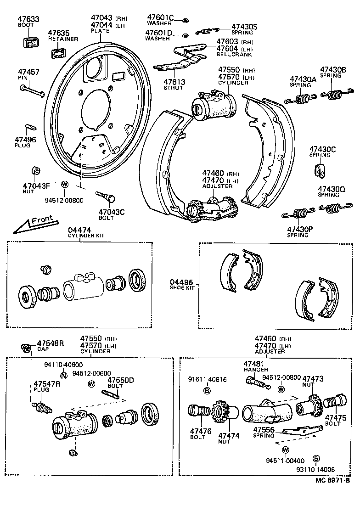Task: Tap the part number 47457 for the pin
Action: (28, 72)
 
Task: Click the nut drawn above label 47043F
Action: (34, 171)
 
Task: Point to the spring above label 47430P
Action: (298, 214)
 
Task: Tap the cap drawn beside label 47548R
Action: (27, 348)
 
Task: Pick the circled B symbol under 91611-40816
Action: (207, 390)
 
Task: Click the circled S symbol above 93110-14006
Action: (316, 459)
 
